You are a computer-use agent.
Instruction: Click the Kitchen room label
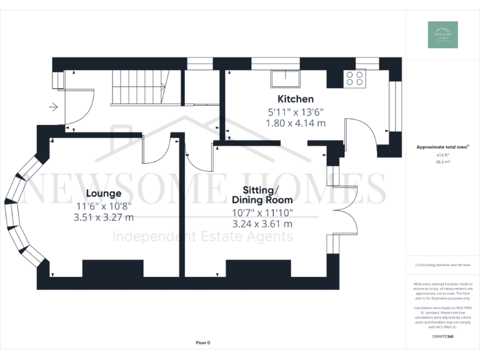(295, 99)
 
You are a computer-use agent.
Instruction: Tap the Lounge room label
(104, 193)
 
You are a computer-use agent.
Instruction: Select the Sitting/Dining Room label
(262, 195)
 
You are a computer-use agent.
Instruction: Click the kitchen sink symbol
(285, 79)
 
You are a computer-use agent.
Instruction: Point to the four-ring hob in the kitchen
(355, 78)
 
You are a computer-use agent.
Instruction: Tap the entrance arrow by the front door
(53, 107)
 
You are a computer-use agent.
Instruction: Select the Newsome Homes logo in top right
(442, 35)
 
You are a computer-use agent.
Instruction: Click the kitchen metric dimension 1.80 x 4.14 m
(295, 123)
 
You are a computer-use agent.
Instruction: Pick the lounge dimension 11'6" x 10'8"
(104, 206)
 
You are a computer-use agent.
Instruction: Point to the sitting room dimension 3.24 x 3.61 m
(262, 224)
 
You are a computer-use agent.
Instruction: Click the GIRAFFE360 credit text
(442, 337)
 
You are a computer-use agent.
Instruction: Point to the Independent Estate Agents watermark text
(202, 236)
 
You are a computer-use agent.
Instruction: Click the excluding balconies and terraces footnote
(442, 265)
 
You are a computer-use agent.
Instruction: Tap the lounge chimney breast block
(108, 269)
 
